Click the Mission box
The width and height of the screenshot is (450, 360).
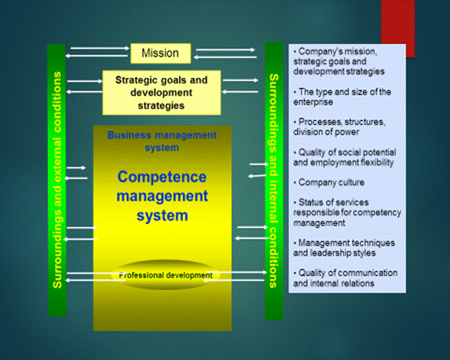161,53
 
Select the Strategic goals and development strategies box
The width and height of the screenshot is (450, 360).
162,93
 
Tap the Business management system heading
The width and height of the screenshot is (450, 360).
162,141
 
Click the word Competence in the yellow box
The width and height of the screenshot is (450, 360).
162,177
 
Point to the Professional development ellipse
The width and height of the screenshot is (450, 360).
166,275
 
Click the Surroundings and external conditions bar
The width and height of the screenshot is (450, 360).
57,180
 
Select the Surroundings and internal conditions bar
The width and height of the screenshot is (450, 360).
274,181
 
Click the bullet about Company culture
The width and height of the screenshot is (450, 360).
329,182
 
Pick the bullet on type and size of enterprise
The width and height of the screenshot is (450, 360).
342,97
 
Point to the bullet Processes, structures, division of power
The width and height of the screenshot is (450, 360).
339,127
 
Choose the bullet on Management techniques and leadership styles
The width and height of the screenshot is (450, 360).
344,248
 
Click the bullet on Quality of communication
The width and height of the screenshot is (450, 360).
346,277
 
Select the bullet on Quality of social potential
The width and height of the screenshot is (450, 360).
345,157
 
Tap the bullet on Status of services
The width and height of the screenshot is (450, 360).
347,212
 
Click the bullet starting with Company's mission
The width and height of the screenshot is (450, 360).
339,61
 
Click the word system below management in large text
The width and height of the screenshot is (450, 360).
162,216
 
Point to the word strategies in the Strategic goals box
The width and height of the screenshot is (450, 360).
161,105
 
